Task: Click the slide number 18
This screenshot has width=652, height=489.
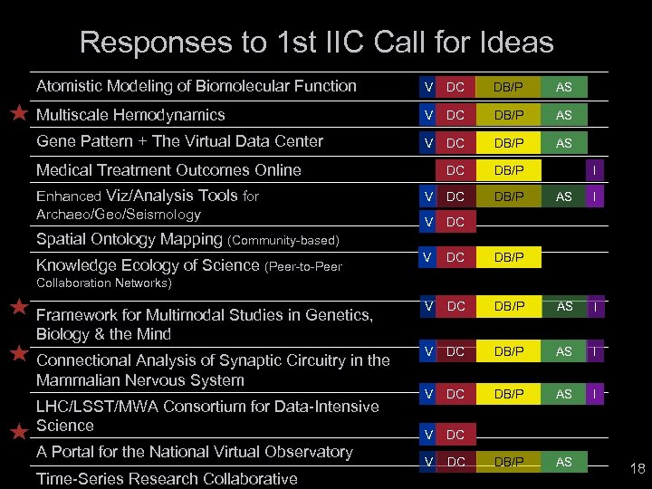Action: tap(637, 469)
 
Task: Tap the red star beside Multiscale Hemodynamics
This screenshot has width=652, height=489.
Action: tap(18, 114)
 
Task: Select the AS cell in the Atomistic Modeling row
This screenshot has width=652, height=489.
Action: tap(563, 87)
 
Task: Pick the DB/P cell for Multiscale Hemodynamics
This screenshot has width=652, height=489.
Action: tap(508, 115)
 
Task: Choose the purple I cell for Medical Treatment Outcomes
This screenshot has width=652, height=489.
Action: tap(594, 169)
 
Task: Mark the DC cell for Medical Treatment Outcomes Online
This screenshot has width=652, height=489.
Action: tap(455, 169)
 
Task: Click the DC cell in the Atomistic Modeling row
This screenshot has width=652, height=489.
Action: tap(455, 87)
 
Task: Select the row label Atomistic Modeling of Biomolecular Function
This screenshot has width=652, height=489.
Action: tap(196, 86)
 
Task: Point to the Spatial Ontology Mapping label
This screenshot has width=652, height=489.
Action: tap(129, 239)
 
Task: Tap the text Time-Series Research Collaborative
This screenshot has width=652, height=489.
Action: tap(167, 478)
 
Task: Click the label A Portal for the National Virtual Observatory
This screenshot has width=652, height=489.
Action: tap(194, 451)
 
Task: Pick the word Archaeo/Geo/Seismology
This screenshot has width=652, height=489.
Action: tap(118, 215)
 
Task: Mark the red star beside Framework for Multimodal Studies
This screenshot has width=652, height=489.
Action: tap(18, 307)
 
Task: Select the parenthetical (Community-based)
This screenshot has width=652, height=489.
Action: tap(283, 240)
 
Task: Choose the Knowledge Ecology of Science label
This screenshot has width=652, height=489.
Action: tap(148, 264)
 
